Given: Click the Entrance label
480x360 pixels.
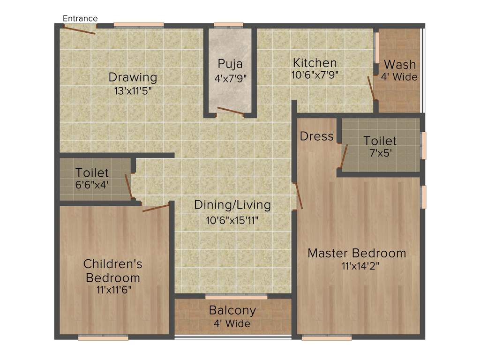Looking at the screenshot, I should (80, 18).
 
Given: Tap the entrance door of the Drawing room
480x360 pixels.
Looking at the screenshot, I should (80, 30).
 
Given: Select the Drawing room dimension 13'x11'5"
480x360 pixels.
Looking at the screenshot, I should (133, 91).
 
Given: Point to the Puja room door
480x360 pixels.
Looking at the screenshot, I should (230, 111).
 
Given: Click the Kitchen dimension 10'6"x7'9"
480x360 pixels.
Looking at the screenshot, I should (315, 74).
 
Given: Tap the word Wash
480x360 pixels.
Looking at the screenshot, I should (399, 65).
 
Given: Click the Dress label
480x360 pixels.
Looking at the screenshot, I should (316, 136).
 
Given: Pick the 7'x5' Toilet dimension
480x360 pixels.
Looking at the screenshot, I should (380, 152).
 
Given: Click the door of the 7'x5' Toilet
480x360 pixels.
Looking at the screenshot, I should (345, 156).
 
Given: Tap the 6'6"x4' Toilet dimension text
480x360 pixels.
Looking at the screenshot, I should (92, 185).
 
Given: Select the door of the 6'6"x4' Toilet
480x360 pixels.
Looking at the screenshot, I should (128, 187).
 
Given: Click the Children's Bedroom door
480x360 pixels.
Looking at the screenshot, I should (156, 208).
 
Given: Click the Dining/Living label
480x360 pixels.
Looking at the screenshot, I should (232, 205).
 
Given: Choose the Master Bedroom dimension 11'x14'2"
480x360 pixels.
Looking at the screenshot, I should (356, 266).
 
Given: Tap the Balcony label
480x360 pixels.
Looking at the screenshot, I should (232, 310).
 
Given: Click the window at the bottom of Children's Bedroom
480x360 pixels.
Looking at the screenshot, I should (103, 337).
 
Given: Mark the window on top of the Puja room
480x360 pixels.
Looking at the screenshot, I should (228, 24).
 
